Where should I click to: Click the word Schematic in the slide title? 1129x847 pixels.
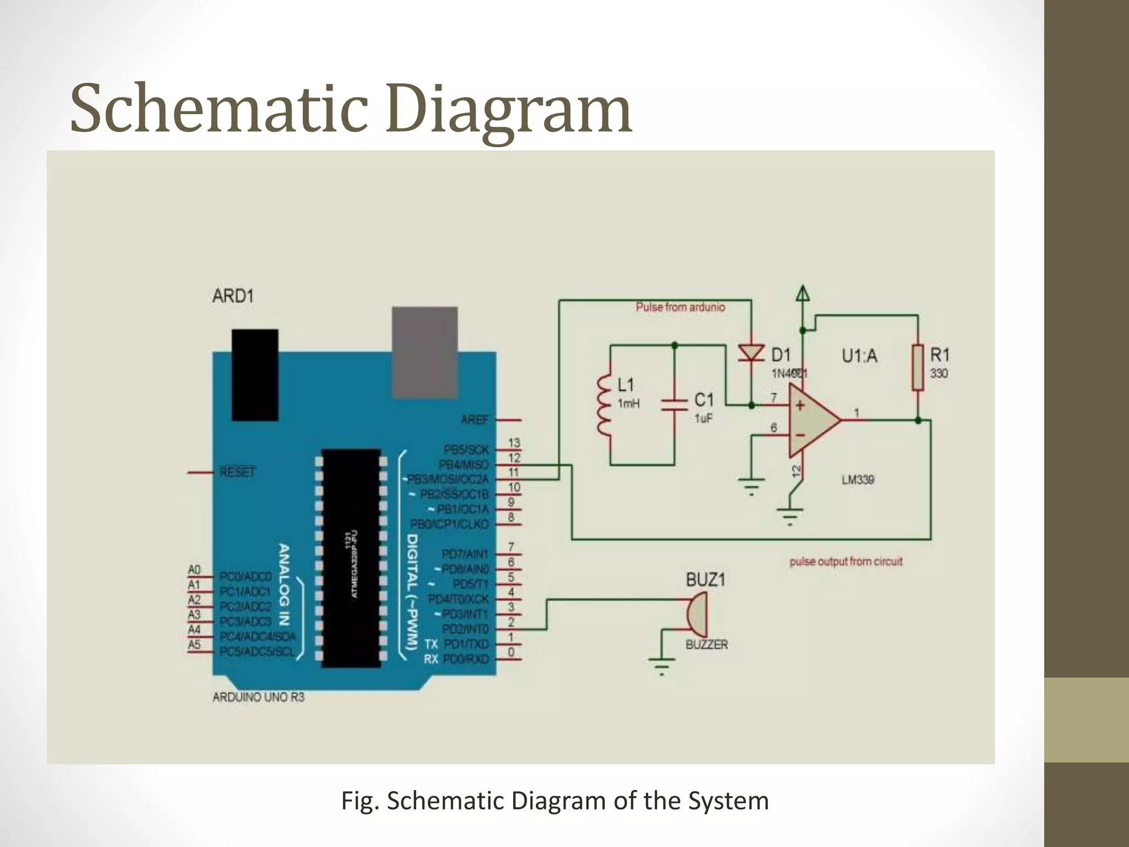218,109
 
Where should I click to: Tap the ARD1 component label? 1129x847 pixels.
233,296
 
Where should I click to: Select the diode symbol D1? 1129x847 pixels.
751,353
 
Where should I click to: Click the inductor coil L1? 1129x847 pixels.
605,406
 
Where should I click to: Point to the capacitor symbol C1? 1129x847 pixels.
674,406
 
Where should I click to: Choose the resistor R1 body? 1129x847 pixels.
917,367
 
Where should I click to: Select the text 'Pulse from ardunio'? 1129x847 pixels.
680,307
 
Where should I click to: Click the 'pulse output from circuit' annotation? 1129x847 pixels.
846,562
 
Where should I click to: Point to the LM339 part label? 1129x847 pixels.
858,480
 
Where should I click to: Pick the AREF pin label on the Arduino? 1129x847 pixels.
475,420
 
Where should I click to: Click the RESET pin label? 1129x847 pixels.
238,473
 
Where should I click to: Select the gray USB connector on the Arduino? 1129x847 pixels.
424,352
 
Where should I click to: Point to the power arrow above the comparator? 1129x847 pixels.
803,293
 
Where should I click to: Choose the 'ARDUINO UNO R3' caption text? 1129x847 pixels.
259,697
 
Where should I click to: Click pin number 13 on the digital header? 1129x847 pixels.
514,443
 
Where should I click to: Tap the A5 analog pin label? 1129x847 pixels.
194,645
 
